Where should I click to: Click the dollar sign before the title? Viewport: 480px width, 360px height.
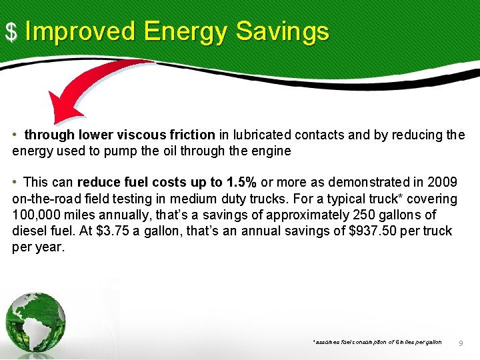(11, 31)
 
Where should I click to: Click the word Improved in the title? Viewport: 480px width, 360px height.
(80, 31)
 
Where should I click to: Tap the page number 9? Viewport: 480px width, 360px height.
(461, 343)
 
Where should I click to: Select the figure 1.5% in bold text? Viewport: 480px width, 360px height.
(241, 183)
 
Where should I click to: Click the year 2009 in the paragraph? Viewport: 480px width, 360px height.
(443, 183)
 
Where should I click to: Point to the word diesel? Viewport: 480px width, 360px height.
(29, 231)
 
